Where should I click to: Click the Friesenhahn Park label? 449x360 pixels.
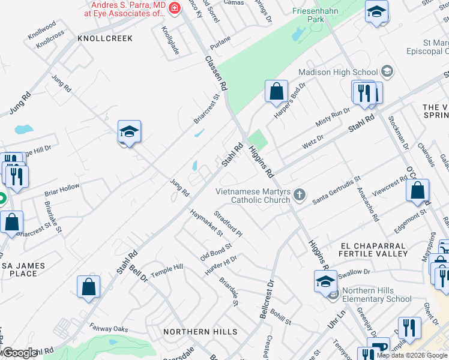(x=316, y=15)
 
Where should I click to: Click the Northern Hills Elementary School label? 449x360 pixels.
(x=377, y=295)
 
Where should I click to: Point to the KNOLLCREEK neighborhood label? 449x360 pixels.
(x=104, y=38)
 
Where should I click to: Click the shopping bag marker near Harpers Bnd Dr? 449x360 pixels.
(x=276, y=92)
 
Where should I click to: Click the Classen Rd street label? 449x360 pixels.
(x=217, y=73)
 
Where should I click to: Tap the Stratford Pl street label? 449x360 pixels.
(x=228, y=223)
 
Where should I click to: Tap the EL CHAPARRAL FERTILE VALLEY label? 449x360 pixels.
(x=375, y=250)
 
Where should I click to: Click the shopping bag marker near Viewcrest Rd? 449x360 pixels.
(x=417, y=191)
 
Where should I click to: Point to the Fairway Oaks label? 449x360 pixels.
(x=109, y=328)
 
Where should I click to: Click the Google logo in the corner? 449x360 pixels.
(x=20, y=353)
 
